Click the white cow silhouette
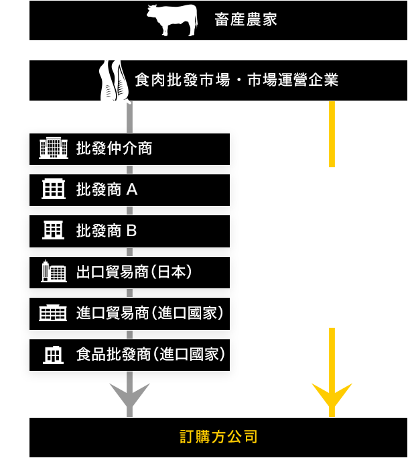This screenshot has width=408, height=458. tap(172, 20)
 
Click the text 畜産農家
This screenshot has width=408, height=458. tap(246, 20)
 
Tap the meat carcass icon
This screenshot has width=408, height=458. tap(114, 81)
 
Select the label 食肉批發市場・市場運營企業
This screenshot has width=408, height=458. tap(236, 80)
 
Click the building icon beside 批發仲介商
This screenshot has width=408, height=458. tap(54, 148)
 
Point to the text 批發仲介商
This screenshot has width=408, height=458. tap(114, 148)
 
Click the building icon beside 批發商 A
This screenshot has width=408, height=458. tap(54, 189)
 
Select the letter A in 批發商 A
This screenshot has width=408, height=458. tap(132, 190)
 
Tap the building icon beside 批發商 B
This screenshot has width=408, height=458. tap(53, 230)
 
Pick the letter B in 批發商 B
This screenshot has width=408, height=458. tap(131, 231)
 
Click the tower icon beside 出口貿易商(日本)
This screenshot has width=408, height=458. tap(54, 271)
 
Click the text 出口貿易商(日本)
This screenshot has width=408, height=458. tap(134, 272)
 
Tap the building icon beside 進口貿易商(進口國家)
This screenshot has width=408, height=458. tap(53, 313)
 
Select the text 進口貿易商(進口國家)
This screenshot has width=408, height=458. tap(150, 313)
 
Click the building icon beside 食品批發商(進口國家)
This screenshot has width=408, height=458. tap(53, 355)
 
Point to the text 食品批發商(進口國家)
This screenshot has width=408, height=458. tap(151, 355)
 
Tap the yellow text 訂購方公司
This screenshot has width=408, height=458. tap(218, 437)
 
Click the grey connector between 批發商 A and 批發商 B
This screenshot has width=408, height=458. tap(129, 211)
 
